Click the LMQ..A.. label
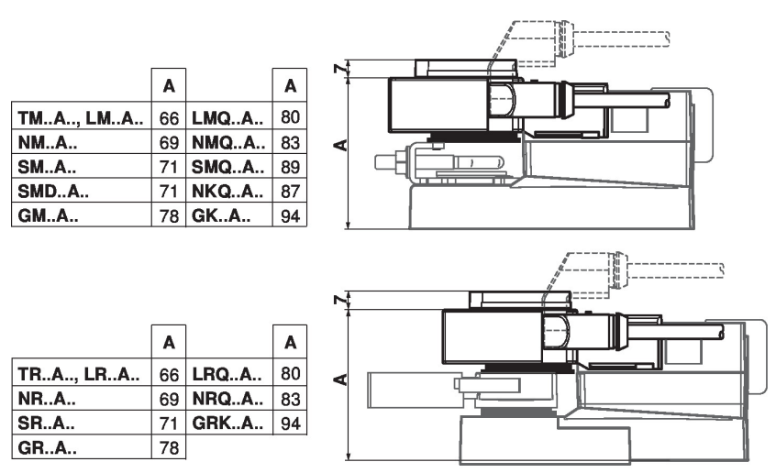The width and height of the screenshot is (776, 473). pyautogui.click(x=228, y=119)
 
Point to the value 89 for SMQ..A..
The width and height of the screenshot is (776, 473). pyautogui.click(x=290, y=168)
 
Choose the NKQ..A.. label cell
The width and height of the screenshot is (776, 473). pyautogui.click(x=228, y=192)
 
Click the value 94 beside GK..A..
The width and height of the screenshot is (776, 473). pyautogui.click(x=290, y=216)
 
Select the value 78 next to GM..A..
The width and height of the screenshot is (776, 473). pyautogui.click(x=169, y=216)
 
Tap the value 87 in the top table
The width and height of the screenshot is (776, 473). pyautogui.click(x=290, y=192)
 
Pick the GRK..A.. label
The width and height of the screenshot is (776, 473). pyautogui.click(x=228, y=424)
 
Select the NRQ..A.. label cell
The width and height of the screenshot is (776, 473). pyautogui.click(x=228, y=401)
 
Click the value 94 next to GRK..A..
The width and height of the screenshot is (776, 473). pyautogui.click(x=290, y=424)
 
